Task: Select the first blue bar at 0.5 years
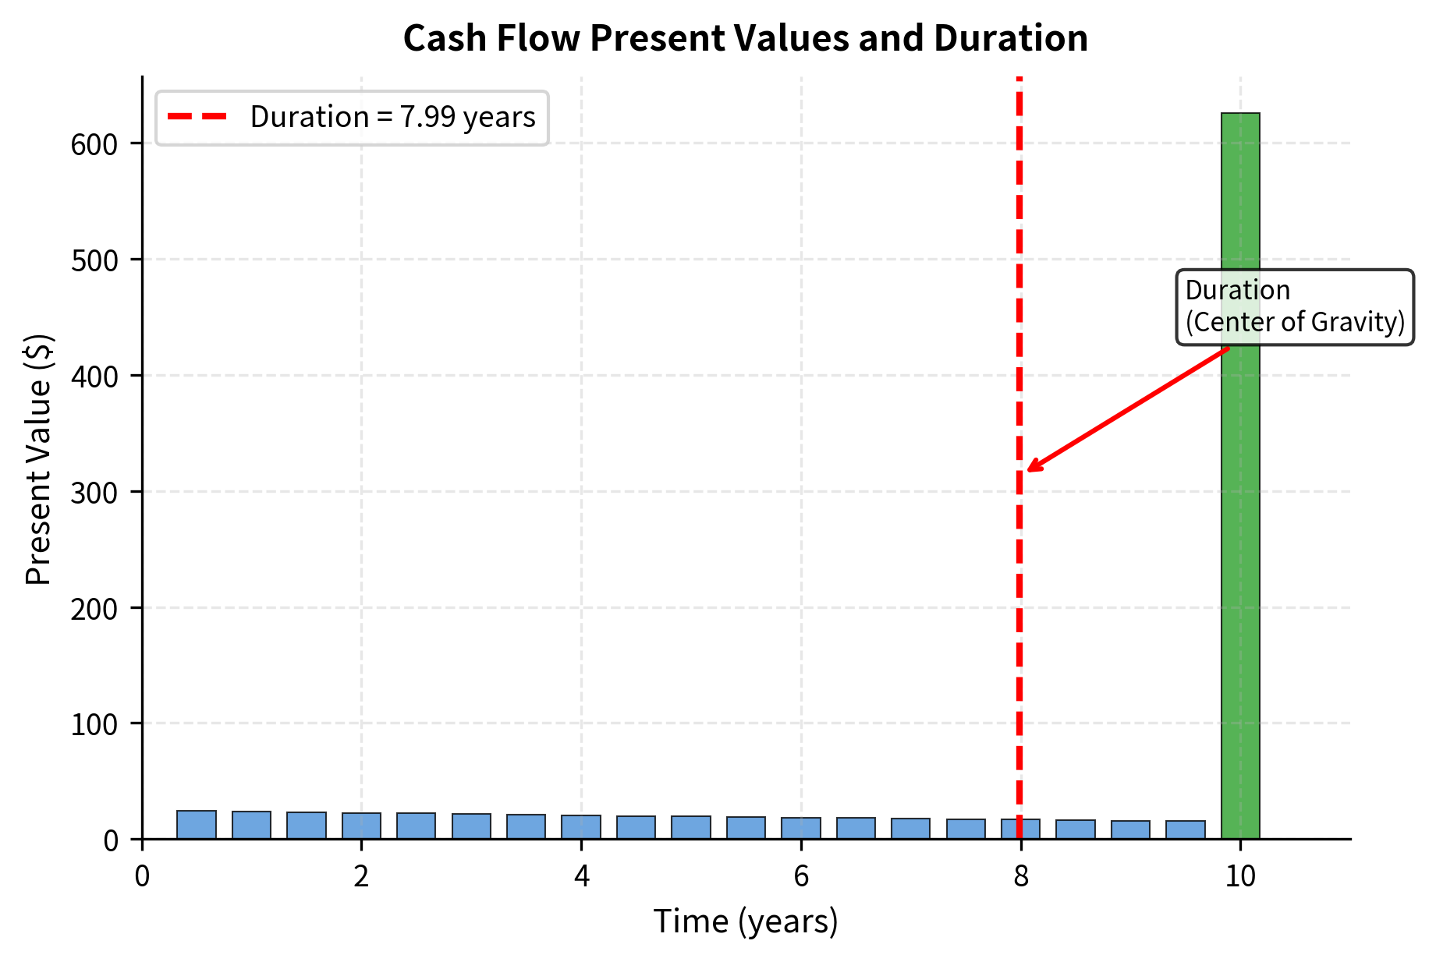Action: tap(197, 825)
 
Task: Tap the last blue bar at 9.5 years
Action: tap(1186, 830)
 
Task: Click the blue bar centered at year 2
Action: tap(361, 826)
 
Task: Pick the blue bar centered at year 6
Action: tap(801, 829)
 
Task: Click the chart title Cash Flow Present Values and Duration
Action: tap(745, 38)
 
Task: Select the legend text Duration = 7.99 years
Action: tap(392, 117)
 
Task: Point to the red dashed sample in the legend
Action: tap(197, 117)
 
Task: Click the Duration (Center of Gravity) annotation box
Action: tap(1295, 306)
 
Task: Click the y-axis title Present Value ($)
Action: tap(38, 458)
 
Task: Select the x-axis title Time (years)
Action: tap(745, 921)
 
